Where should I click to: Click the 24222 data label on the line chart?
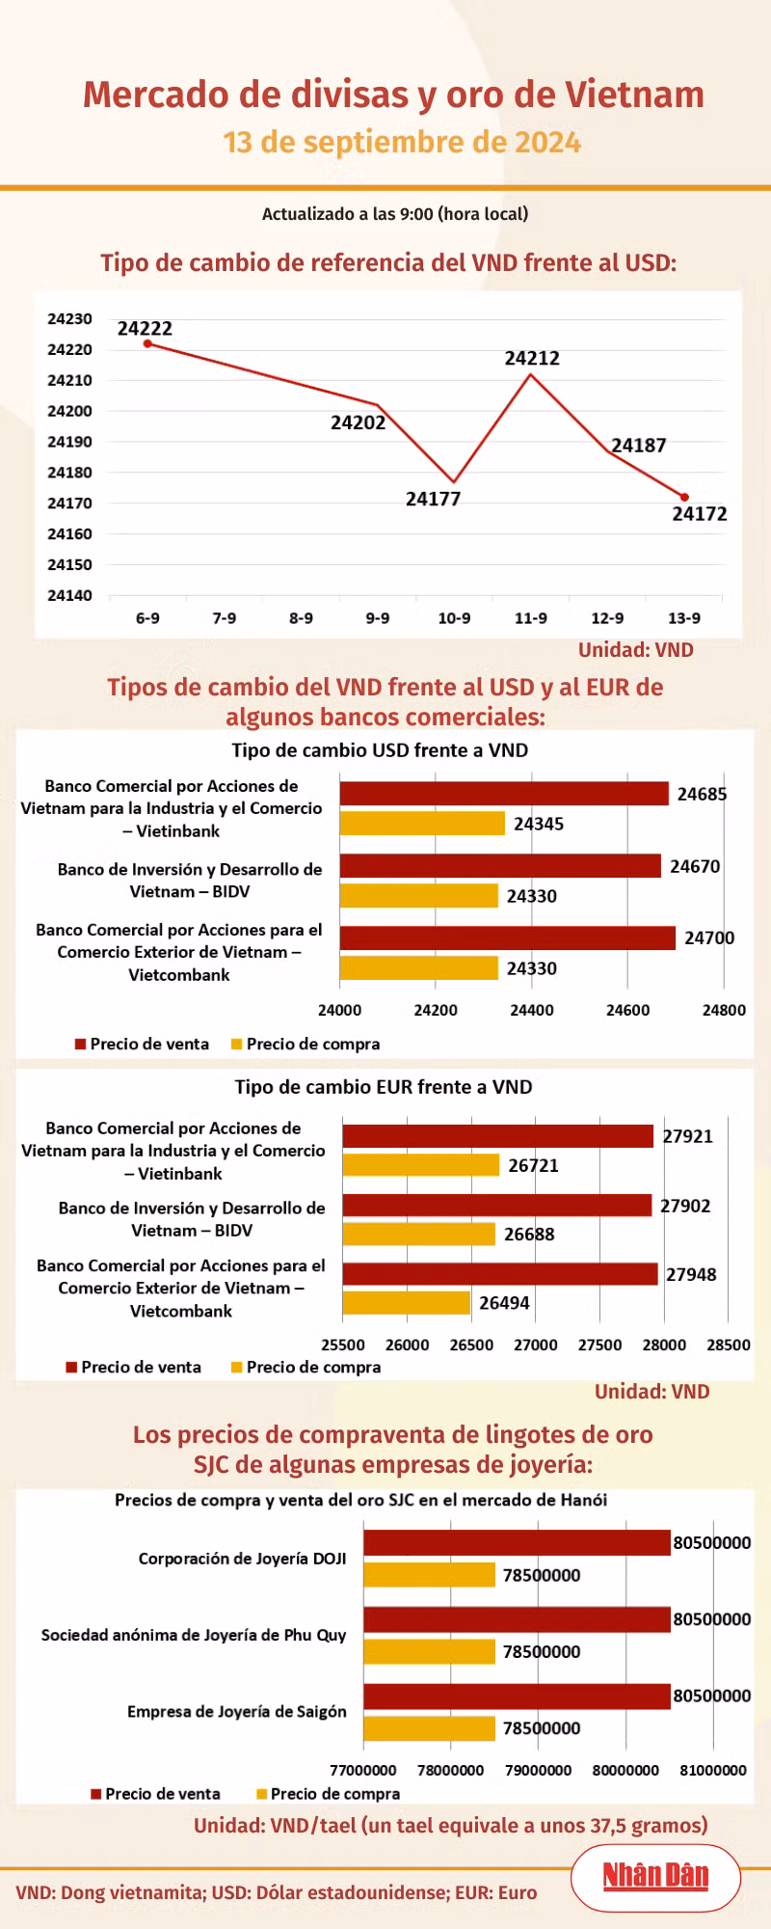[x=146, y=329]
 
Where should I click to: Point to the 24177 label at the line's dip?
[x=433, y=499]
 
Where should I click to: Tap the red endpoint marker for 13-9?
[x=684, y=498]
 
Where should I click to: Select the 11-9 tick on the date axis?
[x=531, y=618]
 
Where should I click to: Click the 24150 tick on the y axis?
[x=69, y=564]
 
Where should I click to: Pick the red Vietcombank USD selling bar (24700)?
[x=508, y=937]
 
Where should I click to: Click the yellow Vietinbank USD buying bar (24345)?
[x=422, y=824]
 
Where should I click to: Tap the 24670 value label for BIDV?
[x=695, y=866]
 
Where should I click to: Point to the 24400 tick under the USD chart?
[x=532, y=1010]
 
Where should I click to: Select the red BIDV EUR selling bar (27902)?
[x=497, y=1205]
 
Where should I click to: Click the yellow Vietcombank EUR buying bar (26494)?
[x=407, y=1303]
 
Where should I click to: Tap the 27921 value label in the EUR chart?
[x=688, y=1136]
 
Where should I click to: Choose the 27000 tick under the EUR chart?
[x=536, y=1345]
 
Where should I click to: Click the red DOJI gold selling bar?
[x=517, y=1542]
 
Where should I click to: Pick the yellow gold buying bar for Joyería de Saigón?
[x=429, y=1728]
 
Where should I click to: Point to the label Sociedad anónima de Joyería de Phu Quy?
[x=194, y=1635]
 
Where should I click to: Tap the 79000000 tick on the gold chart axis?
[x=539, y=1770]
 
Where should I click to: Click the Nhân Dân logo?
[x=655, y=1876]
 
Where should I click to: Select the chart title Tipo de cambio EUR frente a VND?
[x=384, y=1087]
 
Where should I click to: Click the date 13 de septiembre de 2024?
[x=402, y=143]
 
